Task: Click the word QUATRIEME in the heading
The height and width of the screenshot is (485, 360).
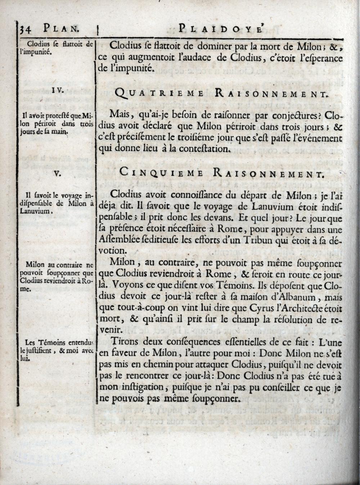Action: (x=160, y=94)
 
